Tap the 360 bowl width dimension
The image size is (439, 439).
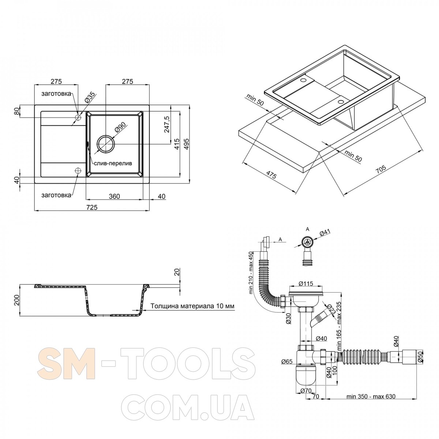114,196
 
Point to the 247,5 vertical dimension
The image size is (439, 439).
166,124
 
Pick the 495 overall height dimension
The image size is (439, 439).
187,144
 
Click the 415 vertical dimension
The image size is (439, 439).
177,144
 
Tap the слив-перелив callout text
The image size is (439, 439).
113,164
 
